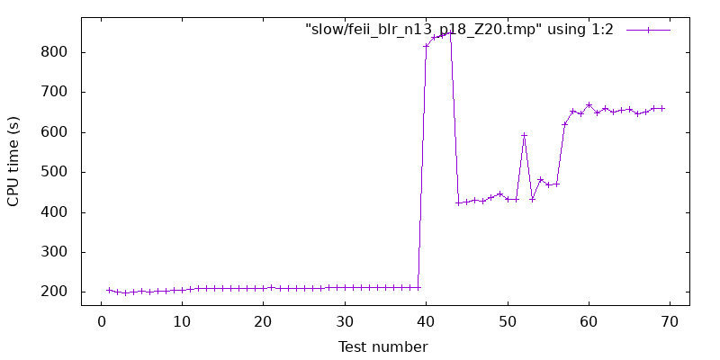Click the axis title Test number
[x=384, y=346]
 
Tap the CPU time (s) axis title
[x=13, y=161]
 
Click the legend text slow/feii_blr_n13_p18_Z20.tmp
[x=459, y=30]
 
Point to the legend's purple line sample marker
[x=648, y=30]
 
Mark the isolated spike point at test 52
[x=524, y=135]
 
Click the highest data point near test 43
[x=450, y=33]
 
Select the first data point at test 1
[x=109, y=290]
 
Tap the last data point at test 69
[x=662, y=108]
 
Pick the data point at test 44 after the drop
[x=458, y=202]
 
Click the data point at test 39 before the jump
[x=418, y=287]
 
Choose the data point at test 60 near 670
[x=589, y=104]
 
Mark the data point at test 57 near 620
[x=564, y=124]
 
